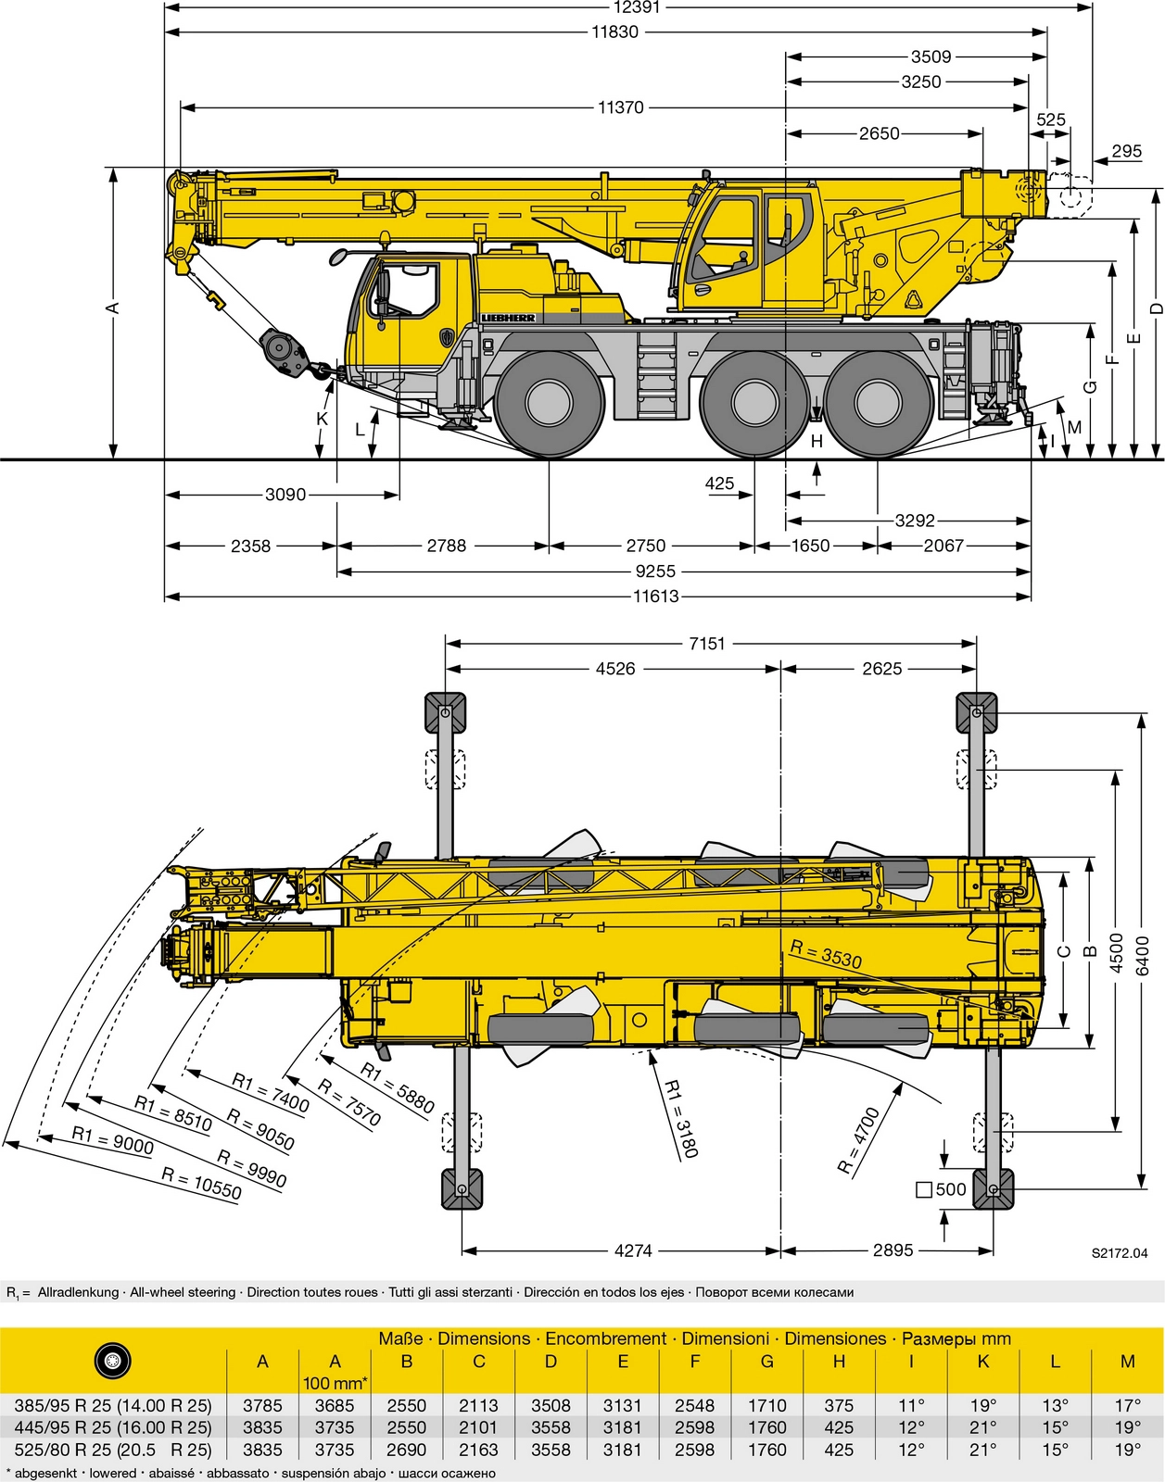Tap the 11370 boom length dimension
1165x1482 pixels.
point(620,107)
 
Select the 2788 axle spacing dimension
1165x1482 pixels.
point(446,546)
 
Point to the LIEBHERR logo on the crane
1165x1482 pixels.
point(508,318)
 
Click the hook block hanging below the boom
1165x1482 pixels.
point(285,353)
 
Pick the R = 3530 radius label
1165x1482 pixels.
point(826,953)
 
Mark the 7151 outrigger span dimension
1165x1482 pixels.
point(706,644)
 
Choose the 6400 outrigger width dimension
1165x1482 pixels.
point(1142,955)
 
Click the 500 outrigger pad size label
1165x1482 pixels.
point(942,1189)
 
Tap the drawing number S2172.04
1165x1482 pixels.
point(1119,1253)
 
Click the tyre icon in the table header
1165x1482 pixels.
point(112,1361)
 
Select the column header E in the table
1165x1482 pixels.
point(623,1362)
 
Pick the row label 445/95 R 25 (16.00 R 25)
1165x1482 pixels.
point(113,1427)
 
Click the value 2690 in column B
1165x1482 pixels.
point(406,1450)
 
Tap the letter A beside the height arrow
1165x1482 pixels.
point(113,308)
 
